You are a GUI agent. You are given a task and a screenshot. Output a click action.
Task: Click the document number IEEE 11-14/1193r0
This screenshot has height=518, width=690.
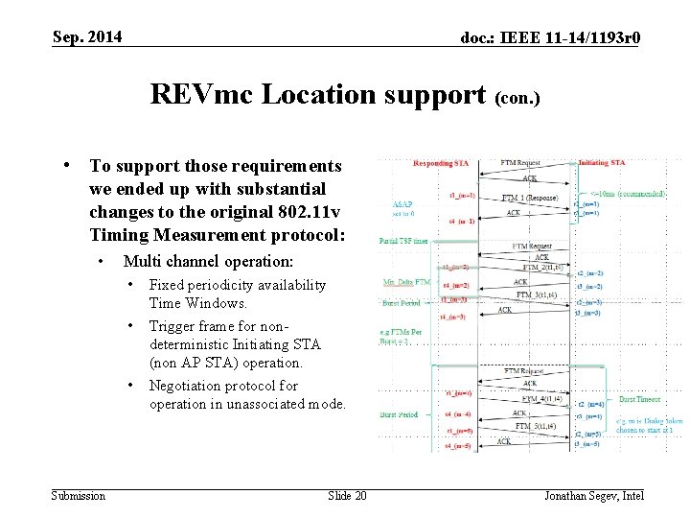click(x=550, y=37)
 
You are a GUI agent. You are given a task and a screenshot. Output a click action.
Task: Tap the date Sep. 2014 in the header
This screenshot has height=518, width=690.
click(x=87, y=36)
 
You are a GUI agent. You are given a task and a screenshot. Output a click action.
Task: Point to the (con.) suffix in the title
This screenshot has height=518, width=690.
click(x=518, y=98)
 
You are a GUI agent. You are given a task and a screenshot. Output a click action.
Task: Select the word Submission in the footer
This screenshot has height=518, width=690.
click(x=79, y=495)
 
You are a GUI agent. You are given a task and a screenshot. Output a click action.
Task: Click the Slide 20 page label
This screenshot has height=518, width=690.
click(x=347, y=495)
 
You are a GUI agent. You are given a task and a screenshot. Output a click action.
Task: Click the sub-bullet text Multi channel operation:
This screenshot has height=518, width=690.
click(x=208, y=261)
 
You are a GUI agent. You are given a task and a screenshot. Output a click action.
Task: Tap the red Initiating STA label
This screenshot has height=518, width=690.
click(x=602, y=163)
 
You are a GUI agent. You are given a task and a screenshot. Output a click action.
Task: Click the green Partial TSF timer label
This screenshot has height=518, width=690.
click(x=402, y=241)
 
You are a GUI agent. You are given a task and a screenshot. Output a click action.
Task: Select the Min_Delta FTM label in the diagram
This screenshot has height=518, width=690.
click(x=406, y=282)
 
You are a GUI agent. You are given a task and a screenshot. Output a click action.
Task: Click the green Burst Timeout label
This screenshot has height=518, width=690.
click(x=640, y=398)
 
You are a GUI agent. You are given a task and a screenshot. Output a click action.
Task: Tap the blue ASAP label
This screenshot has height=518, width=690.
click(x=402, y=204)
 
